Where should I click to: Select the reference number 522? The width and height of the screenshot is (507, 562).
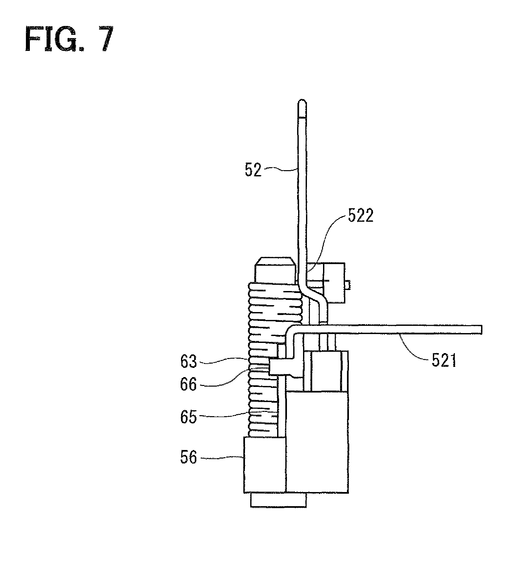361,216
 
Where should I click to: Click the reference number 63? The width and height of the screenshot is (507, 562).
189,361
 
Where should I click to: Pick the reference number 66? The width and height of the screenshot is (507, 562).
189,384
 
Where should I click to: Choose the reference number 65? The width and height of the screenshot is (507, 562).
189,417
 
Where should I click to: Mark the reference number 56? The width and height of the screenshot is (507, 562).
189,458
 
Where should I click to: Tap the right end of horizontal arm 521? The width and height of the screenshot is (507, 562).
481,329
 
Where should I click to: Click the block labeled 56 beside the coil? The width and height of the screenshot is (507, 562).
265,464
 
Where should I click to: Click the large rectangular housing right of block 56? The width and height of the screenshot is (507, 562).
317,442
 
